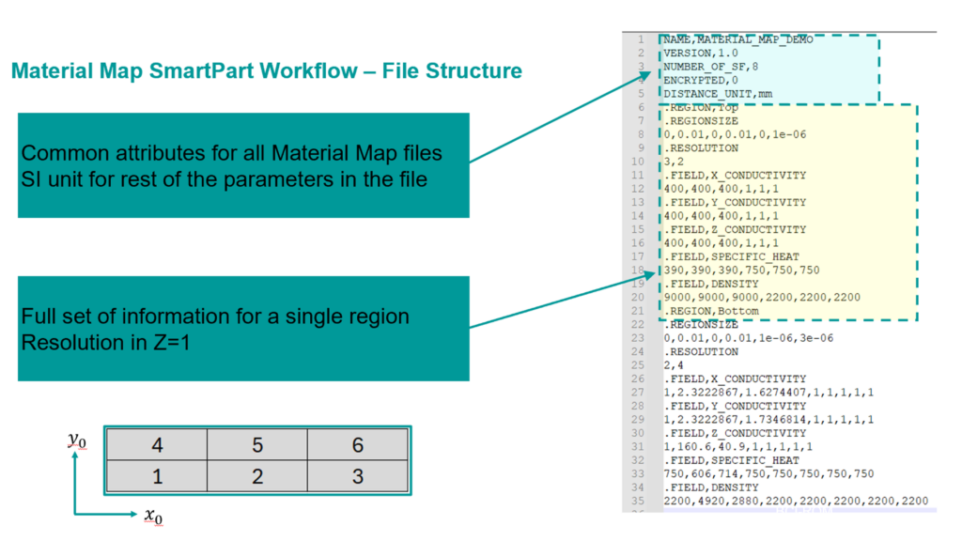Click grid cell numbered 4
point(157,444)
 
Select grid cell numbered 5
point(257,444)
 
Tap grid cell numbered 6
point(358,444)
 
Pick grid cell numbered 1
point(157,476)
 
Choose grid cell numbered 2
point(257,476)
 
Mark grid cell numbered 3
point(358,476)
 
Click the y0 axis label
point(77,440)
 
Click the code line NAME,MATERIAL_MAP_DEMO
point(737,39)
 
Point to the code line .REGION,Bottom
point(711,311)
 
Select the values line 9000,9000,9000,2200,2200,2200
point(761,297)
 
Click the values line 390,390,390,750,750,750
point(741,270)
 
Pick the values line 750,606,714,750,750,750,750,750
point(768,474)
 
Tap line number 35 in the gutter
point(639,502)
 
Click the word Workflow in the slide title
point(322,71)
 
